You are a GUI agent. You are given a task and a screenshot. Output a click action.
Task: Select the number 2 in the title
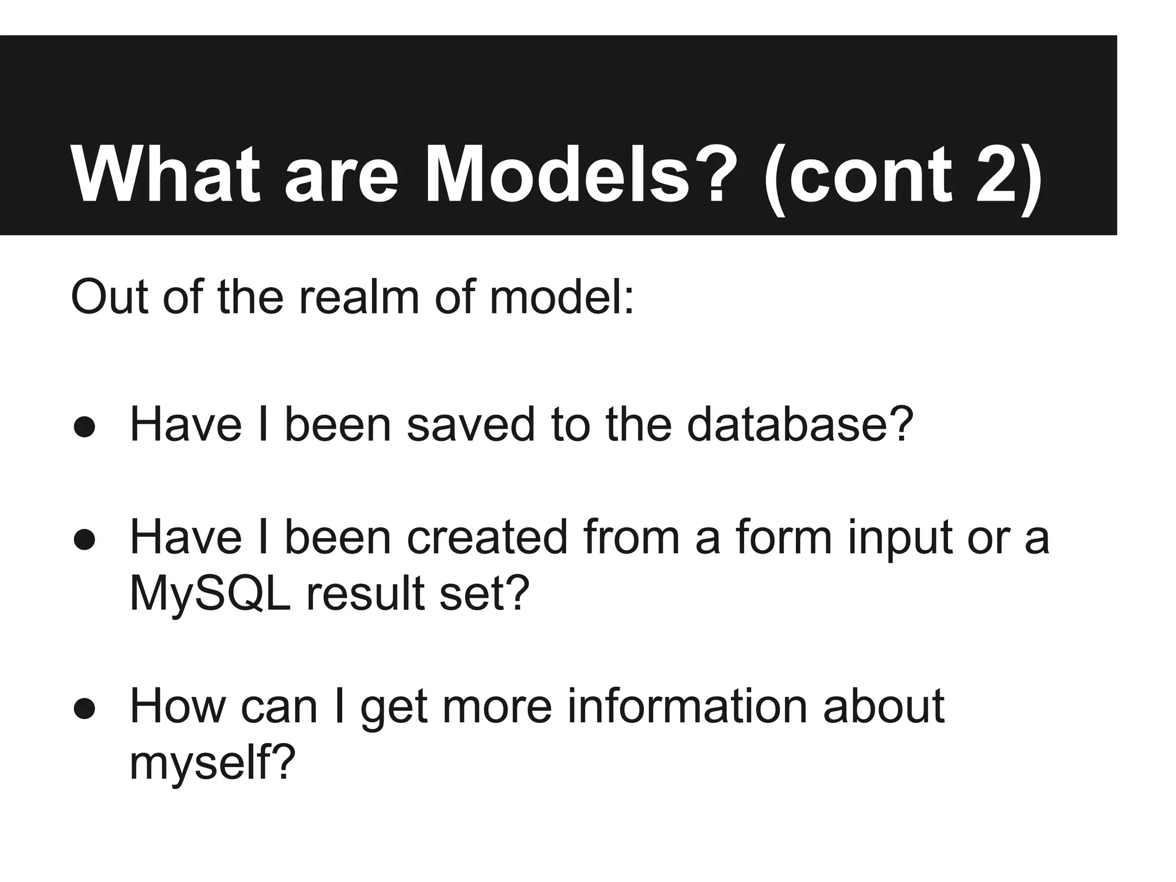[x=993, y=175]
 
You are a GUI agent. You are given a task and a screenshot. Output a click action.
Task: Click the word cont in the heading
[x=869, y=175]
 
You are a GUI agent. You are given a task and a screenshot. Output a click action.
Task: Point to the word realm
[x=359, y=297]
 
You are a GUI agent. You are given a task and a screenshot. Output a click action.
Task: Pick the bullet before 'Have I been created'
[x=84, y=540]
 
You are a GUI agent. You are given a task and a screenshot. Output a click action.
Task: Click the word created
[x=487, y=537]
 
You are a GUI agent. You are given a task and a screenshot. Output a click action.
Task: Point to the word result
[x=365, y=594]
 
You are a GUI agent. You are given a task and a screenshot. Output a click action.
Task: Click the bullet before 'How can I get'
[x=84, y=709]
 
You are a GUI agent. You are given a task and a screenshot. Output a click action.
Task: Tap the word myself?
[x=212, y=764]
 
